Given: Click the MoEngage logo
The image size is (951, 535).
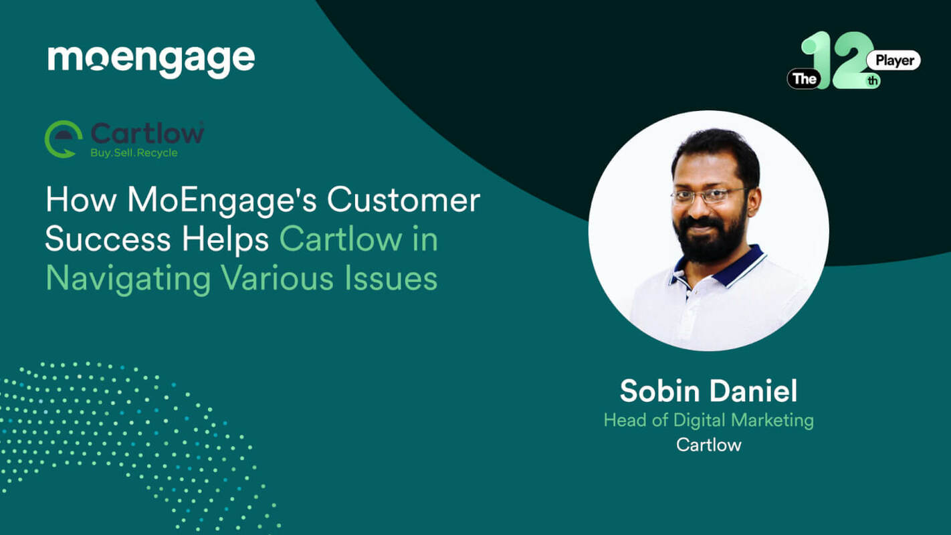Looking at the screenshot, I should point(151,61).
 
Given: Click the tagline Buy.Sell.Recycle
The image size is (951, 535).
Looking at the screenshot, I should point(134,153).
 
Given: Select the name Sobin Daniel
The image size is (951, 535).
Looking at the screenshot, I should point(708,391).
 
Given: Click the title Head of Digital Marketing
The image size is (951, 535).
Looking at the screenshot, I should point(708,420).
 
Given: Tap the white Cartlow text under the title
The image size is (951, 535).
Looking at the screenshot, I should point(708,445).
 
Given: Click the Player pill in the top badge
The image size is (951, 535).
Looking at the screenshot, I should point(893,61).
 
